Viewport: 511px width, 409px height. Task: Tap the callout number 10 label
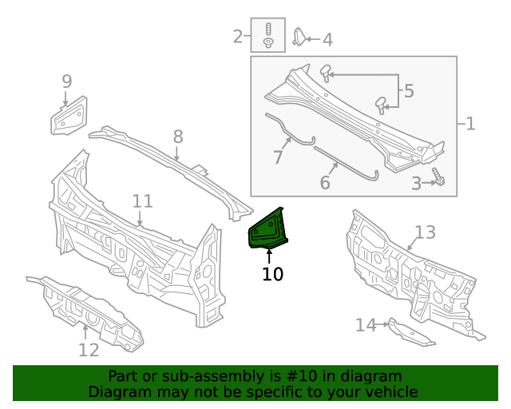point(272,275)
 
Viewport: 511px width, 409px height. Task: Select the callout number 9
point(67,81)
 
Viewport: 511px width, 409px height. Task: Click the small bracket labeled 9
point(69,116)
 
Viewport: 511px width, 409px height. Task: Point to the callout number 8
point(177,137)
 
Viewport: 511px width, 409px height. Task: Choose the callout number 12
point(89,349)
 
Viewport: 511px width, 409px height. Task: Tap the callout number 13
point(425,232)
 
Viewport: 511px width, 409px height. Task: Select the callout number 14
point(365,324)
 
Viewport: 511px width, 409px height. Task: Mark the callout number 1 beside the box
point(469,124)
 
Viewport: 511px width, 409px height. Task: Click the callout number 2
point(238,36)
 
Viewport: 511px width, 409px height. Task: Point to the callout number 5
point(409,91)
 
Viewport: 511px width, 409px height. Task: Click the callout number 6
point(324,183)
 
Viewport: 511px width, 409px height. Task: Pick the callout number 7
point(278,157)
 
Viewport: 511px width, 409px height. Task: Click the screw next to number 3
point(438,177)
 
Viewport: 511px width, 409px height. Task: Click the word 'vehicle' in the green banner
point(389,391)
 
